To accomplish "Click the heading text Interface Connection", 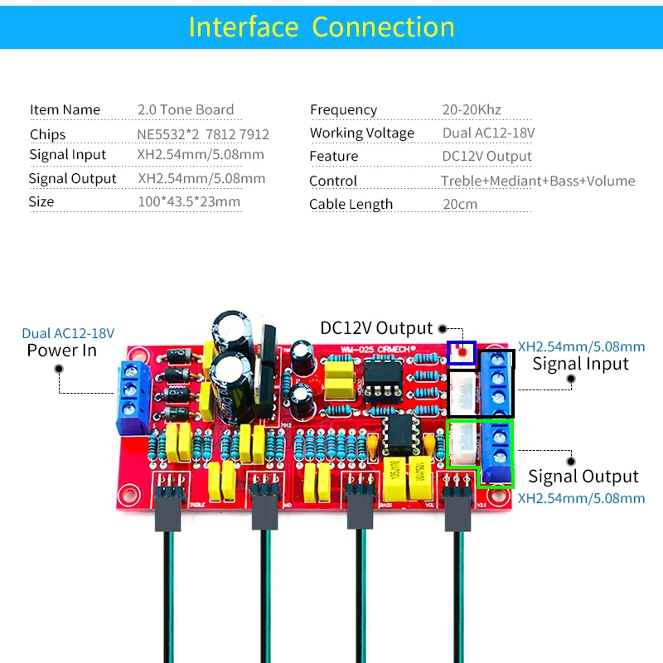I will [x=322, y=27].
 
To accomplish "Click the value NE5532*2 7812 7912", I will [x=203, y=134].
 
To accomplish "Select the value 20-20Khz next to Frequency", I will [x=472, y=109].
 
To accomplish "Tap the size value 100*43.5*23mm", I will [x=189, y=201].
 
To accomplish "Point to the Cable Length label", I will [x=351, y=204].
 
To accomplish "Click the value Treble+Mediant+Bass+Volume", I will [x=538, y=181].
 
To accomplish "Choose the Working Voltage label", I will [x=362, y=133].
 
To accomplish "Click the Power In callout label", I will [x=61, y=351].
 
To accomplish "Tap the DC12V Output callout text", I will [x=377, y=328].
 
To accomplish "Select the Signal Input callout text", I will [x=580, y=363].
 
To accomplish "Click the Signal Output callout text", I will [x=583, y=476].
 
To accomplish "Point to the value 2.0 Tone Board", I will [x=186, y=109].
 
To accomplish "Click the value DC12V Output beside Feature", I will [x=487, y=156].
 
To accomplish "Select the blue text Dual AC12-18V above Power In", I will [x=68, y=333].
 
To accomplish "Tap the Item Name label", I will [x=65, y=109].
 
